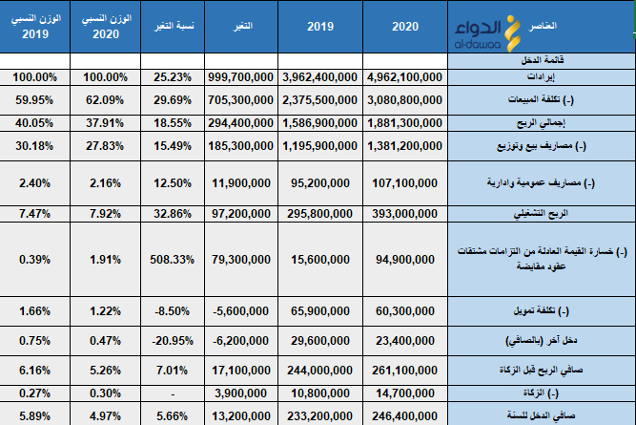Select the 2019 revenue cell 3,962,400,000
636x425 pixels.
pyautogui.click(x=320, y=76)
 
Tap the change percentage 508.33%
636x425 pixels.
pyautogui.click(x=174, y=256)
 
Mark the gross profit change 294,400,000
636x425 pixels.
pyautogui.click(x=241, y=121)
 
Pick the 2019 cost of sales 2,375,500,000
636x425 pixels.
pyautogui.click(x=320, y=97)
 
